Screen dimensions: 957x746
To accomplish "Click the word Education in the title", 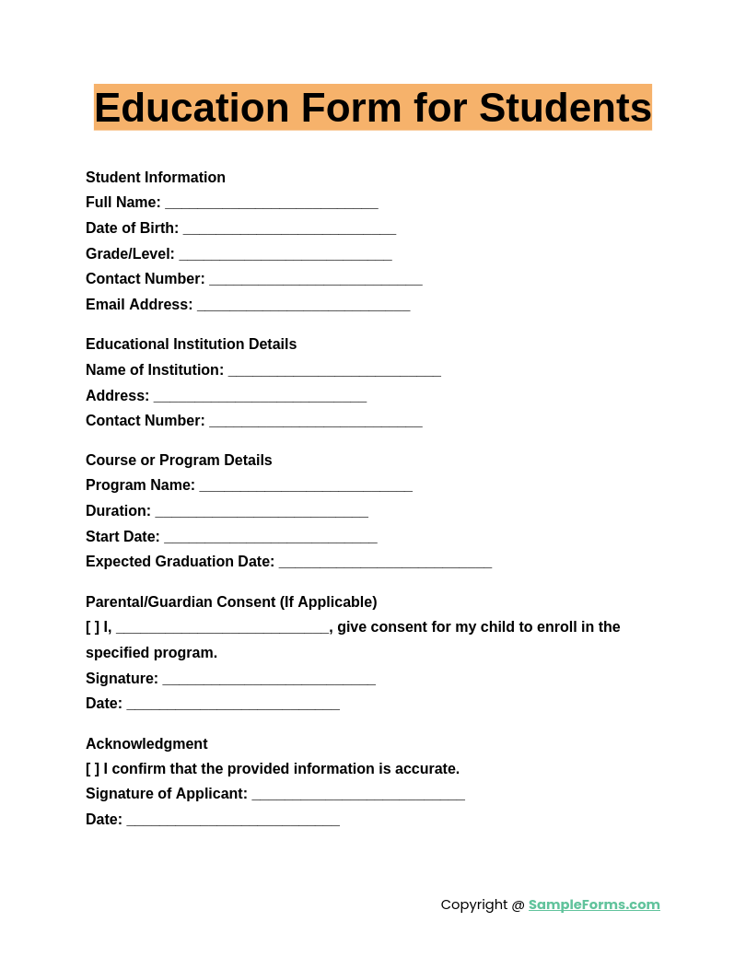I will tap(191, 108).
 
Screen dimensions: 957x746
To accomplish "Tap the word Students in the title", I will tap(565, 108).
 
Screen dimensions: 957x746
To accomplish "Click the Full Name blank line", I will tap(272, 204).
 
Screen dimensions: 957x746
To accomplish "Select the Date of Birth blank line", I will tap(289, 229).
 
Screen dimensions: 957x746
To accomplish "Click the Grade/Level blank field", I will tap(286, 255).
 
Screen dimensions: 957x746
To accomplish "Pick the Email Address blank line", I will tap(303, 306).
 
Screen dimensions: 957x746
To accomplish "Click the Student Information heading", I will tap(156, 178).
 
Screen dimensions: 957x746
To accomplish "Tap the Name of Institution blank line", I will tap(334, 371).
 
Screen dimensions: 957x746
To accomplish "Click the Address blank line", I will tap(260, 397).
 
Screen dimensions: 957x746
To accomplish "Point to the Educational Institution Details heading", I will tap(191, 344).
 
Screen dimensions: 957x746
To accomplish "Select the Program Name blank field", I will tap(306, 486).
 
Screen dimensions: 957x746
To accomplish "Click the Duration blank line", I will tap(262, 512).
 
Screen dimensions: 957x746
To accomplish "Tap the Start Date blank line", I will tap(270, 538).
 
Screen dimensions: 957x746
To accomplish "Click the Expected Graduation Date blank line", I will tap(385, 563).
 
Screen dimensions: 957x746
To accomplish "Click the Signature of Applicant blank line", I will tap(358, 795).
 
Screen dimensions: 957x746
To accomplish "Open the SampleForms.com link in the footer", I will tap(594, 904).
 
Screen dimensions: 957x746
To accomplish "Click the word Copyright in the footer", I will tap(473, 904).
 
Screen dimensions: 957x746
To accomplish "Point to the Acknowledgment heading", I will tap(146, 744).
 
